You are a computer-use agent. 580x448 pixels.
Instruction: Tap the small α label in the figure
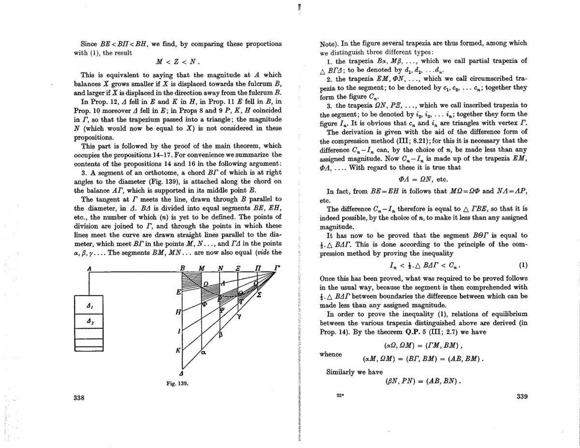tap(203, 353)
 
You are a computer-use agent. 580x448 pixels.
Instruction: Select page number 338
tap(79, 398)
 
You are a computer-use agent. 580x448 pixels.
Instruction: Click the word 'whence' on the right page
tap(331, 354)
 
